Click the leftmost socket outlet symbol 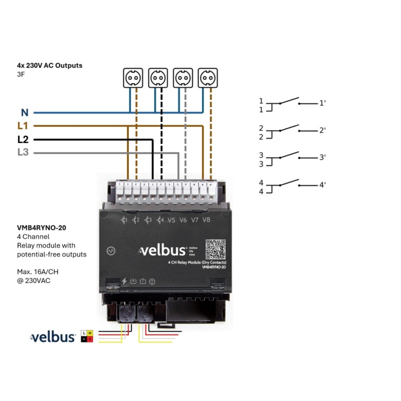tap(133, 78)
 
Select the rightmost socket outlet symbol tap(208, 78)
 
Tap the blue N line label tap(25, 113)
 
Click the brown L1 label tap(23, 126)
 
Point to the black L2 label tap(23, 139)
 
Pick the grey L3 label tap(23, 152)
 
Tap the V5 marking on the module tap(172, 220)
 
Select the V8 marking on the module tap(207, 220)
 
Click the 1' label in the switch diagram tap(322, 103)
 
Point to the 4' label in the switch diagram tap(322, 185)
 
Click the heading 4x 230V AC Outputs tap(49, 66)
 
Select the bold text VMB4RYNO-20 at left tap(41, 228)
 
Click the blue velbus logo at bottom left tap(53, 337)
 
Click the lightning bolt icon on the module tap(124, 281)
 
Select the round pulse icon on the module tap(111, 250)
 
